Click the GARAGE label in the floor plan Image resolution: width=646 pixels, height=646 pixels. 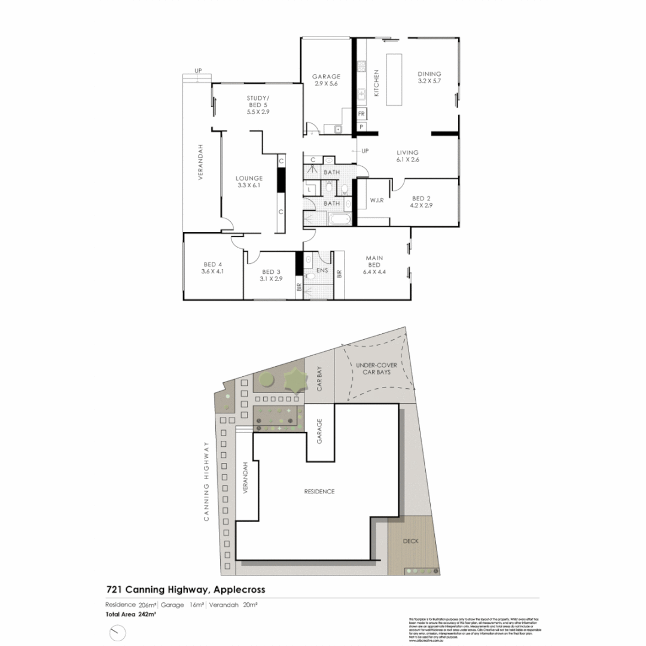pos(326,76)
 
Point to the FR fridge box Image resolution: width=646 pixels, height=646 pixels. pos(361,114)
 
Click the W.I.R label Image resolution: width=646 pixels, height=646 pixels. pos(376,200)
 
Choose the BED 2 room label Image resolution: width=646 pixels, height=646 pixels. pos(421,199)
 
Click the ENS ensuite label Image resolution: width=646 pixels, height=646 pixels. pos(322,270)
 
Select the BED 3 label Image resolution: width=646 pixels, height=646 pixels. pos(271,271)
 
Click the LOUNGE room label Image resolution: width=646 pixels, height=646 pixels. pos(249,178)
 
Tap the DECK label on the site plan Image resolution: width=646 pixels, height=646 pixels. pos(410,541)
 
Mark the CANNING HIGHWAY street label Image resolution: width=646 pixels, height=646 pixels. pos(206,482)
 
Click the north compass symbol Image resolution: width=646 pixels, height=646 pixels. pos(118,632)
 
